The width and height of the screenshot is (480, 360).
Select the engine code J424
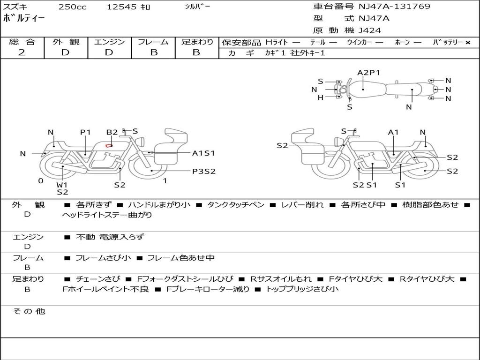pyautogui.click(x=370, y=30)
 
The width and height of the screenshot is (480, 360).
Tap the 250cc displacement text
pyautogui.click(x=71, y=7)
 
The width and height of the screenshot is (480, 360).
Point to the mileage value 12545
pyautogui.click(x=121, y=7)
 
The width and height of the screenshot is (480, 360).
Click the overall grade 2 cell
pyautogui.click(x=22, y=52)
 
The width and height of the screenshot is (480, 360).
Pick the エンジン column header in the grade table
pyautogui.click(x=109, y=42)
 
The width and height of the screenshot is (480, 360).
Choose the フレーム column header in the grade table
pyautogui.click(x=153, y=42)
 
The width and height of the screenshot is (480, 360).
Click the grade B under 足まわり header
pyautogui.click(x=196, y=52)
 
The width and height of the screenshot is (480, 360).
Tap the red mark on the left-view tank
pyautogui.click(x=109, y=145)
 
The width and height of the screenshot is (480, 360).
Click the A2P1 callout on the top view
pyautogui.click(x=368, y=73)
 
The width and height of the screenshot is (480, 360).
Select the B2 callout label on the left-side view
pyautogui.click(x=112, y=132)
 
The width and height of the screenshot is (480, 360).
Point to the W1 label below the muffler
pyautogui.click(x=62, y=185)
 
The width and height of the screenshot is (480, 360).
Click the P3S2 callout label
pyautogui.click(x=203, y=171)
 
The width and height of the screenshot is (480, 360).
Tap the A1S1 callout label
pyautogui.click(x=203, y=153)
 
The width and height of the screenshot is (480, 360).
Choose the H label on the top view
pyautogui.click(x=321, y=97)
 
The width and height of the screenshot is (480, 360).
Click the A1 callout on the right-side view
pyautogui.click(x=393, y=132)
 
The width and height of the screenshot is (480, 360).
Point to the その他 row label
pyautogui.click(x=29, y=311)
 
